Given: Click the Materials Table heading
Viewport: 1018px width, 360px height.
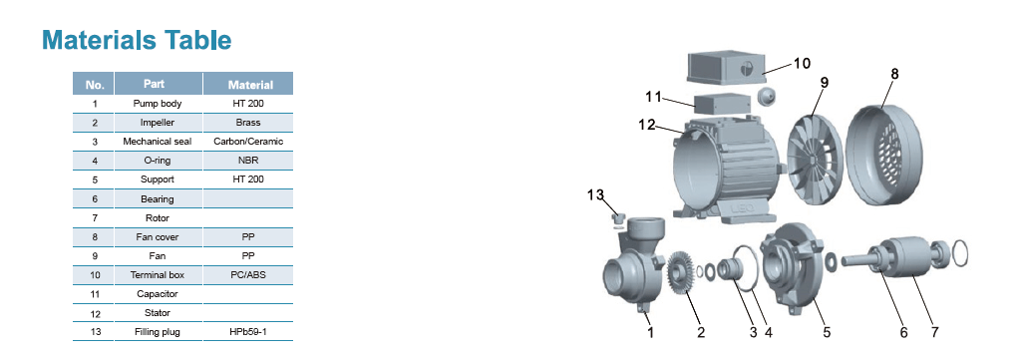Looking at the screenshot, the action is [137, 40].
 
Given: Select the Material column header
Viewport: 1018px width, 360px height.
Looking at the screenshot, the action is [250, 85].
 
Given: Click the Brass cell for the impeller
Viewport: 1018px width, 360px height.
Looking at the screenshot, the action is [248, 123].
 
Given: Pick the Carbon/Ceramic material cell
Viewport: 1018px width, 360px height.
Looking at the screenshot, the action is [248, 141].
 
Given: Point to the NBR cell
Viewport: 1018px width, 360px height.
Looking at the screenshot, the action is [248, 160].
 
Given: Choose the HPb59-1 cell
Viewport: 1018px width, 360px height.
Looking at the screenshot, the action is [248, 332].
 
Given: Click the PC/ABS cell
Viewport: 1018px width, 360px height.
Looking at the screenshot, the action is [248, 275].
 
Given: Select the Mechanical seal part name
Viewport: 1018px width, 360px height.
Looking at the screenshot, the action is [158, 141].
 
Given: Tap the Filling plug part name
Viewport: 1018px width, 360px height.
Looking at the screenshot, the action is [158, 332].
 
